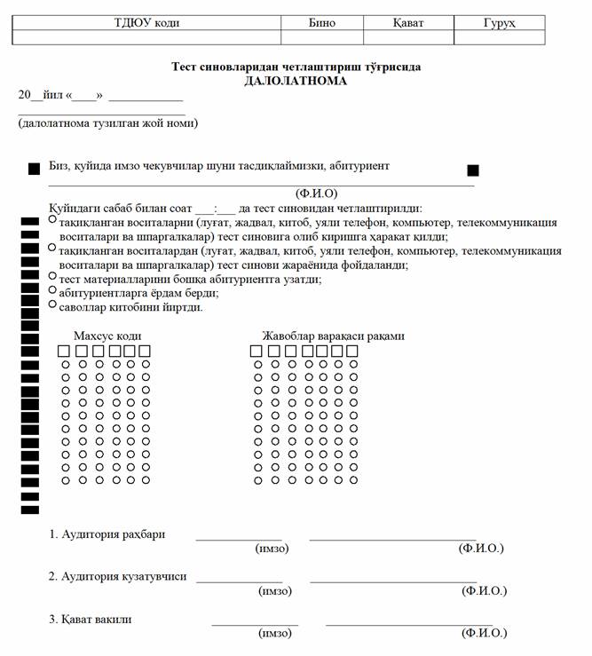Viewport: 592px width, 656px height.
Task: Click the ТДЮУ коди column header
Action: tap(147, 22)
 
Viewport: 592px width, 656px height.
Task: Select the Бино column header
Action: tap(321, 22)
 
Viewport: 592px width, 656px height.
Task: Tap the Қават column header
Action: tap(408, 22)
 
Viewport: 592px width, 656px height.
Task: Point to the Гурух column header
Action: tap(500, 22)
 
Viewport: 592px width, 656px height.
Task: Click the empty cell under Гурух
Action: tap(500, 37)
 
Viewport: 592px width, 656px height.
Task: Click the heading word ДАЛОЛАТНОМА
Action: tap(296, 81)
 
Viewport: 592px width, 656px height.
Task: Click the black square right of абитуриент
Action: tap(473, 170)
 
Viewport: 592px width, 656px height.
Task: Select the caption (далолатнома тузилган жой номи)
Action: tap(107, 123)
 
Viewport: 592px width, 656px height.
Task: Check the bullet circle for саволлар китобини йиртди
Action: tap(52, 304)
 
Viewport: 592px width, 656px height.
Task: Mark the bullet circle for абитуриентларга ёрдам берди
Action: tap(52, 290)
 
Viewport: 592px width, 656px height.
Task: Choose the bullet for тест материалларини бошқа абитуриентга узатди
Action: tap(52, 276)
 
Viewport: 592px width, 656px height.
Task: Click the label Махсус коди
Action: tap(107, 336)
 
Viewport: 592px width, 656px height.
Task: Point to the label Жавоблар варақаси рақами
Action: tap(333, 336)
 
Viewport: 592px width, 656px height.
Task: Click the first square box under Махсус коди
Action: tap(64, 352)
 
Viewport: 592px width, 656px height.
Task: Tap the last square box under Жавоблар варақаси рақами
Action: tap(352, 352)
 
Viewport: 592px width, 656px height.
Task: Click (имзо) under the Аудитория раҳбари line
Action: tap(272, 549)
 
